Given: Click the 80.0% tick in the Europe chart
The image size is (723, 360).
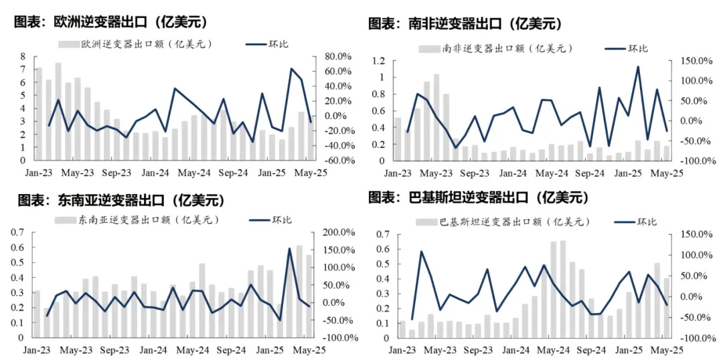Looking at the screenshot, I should point(333,56).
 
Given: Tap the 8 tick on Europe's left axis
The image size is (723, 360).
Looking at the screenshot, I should point(23,56).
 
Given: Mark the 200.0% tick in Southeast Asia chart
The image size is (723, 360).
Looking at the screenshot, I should point(339,232).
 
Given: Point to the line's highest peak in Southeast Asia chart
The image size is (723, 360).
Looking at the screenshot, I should point(290,249).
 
